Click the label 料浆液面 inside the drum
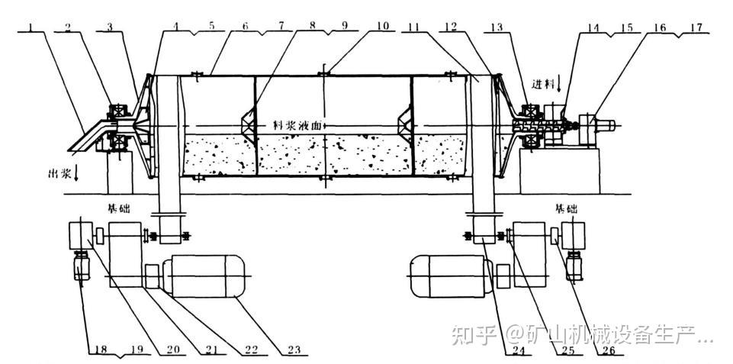point(304,124)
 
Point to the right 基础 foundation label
point(566,208)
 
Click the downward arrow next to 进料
point(561,82)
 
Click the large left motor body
point(207,275)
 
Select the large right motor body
point(448,275)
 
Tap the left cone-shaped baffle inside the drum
point(249,122)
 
